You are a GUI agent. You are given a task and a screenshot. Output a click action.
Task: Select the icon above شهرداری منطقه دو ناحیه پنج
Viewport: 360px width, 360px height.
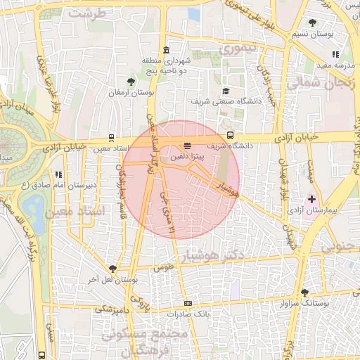pyautogui.click(x=166, y=50)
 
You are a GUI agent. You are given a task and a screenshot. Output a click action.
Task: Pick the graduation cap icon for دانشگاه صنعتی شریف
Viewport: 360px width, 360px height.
pyautogui.click(x=226, y=91)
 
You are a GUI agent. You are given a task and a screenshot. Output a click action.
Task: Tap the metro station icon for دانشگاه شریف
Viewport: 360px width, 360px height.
pyautogui.click(x=230, y=136)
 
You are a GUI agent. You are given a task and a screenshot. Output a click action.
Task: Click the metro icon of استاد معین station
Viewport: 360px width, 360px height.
pyautogui.click(x=112, y=139)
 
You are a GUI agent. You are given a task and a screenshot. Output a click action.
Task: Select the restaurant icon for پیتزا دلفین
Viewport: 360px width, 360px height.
pyautogui.click(x=186, y=146)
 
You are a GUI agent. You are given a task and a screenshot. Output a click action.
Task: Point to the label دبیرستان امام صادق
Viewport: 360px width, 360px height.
pyautogui.click(x=82, y=184)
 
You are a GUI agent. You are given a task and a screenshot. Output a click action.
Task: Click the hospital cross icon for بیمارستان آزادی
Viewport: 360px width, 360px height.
pyautogui.click(x=312, y=200)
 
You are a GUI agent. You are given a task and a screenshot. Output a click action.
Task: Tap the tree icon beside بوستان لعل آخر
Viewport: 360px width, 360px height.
pyautogui.click(x=112, y=268)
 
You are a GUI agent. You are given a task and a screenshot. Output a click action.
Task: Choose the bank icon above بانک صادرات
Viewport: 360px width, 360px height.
pyautogui.click(x=187, y=303)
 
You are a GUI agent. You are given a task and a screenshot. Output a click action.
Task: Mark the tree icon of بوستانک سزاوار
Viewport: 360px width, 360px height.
pyautogui.click(x=304, y=292)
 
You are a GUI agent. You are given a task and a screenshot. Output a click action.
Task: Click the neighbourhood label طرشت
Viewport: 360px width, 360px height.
pyautogui.click(x=91, y=13)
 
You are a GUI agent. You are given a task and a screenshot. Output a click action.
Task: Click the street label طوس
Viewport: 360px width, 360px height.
pyautogui.click(x=163, y=268)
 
